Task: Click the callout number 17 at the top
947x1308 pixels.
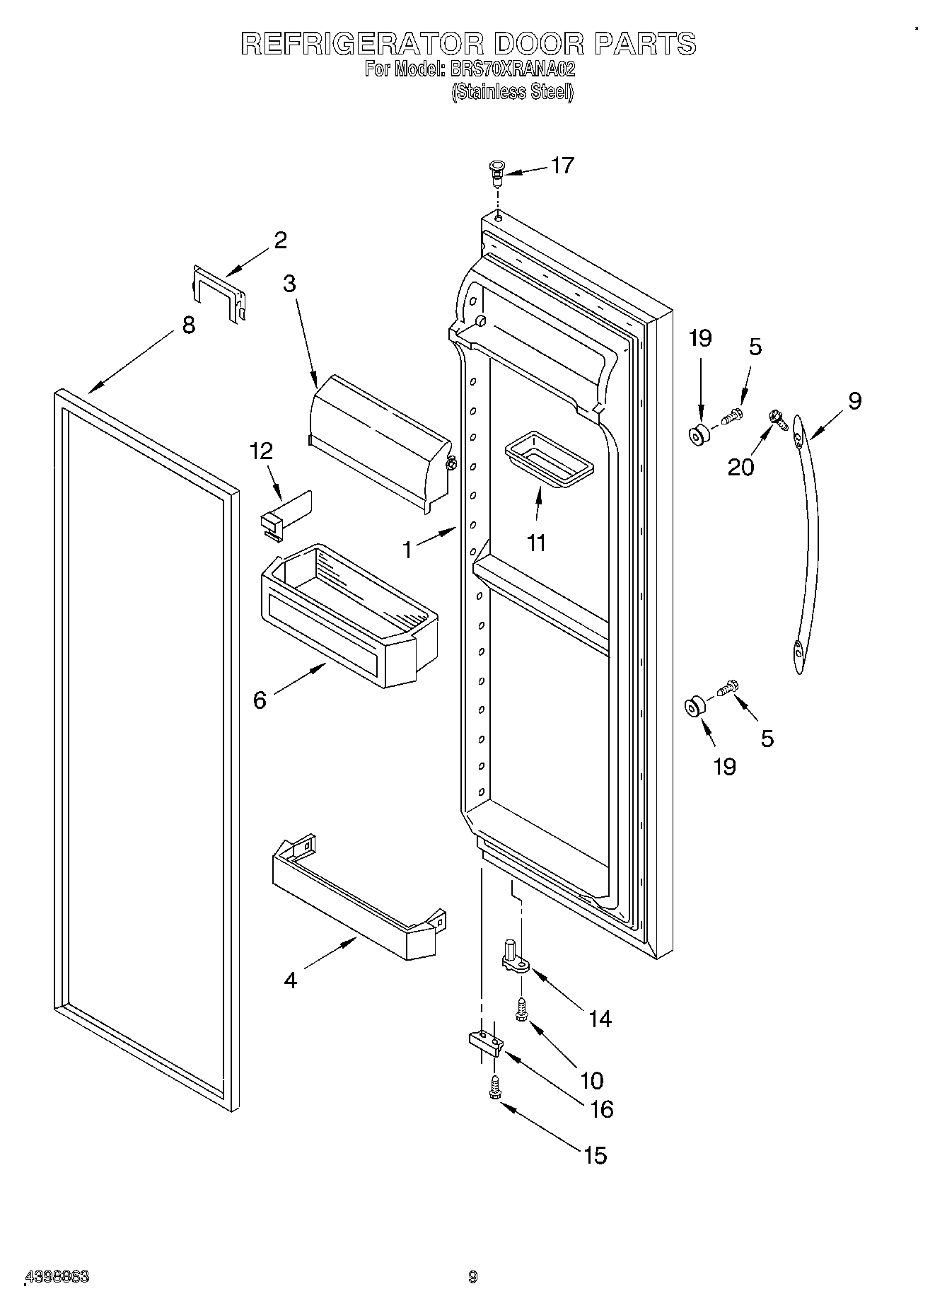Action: (562, 166)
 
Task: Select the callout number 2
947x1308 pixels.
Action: (280, 241)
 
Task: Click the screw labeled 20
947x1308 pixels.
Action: (779, 421)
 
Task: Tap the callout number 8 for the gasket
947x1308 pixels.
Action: (188, 325)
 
